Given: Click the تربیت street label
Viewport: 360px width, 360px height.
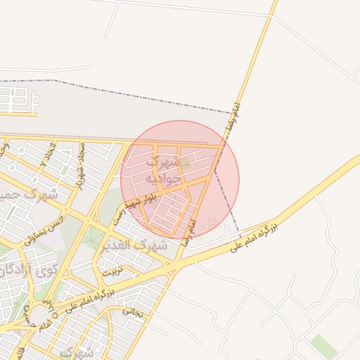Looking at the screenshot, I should coord(112,271).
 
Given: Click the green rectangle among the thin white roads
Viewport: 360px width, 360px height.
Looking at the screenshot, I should coord(323,345).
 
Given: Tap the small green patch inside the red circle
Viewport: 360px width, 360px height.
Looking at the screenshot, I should coord(184,162).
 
